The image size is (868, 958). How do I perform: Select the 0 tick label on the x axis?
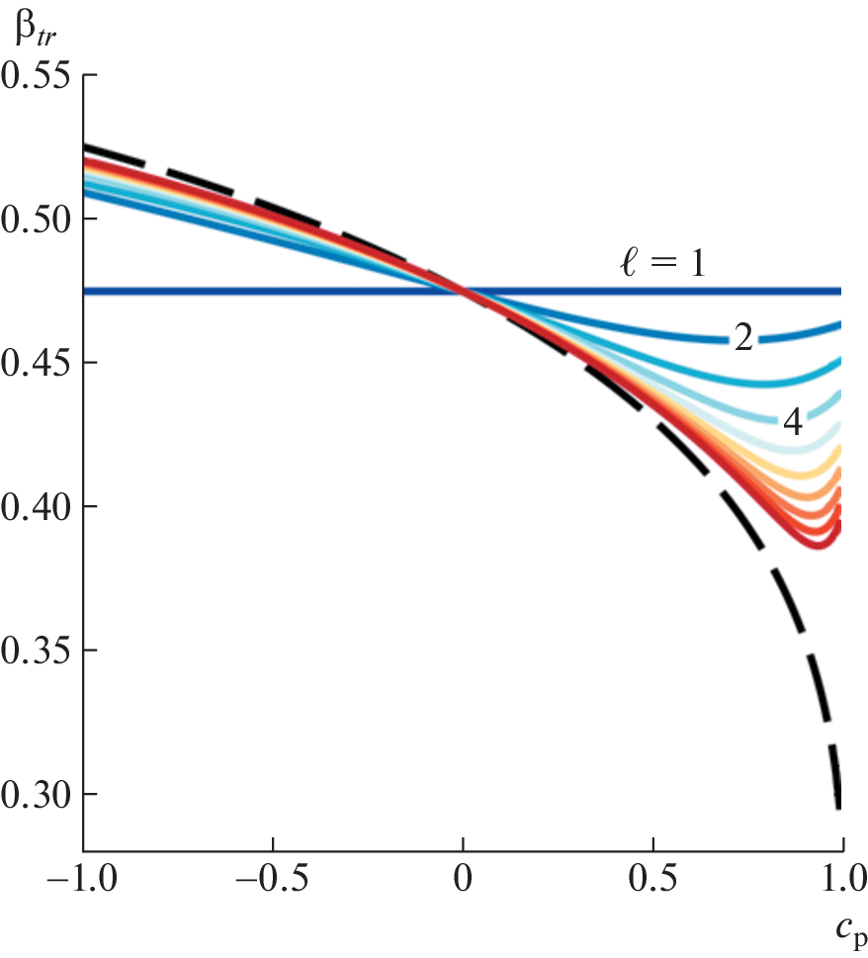463,880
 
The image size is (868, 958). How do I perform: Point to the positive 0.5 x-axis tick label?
652,880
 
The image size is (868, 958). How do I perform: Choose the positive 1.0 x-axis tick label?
840,880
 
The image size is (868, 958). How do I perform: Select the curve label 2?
742,338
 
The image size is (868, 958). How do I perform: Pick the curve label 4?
793,421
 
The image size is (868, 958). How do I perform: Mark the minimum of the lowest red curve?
819,546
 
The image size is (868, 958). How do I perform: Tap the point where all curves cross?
463,291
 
